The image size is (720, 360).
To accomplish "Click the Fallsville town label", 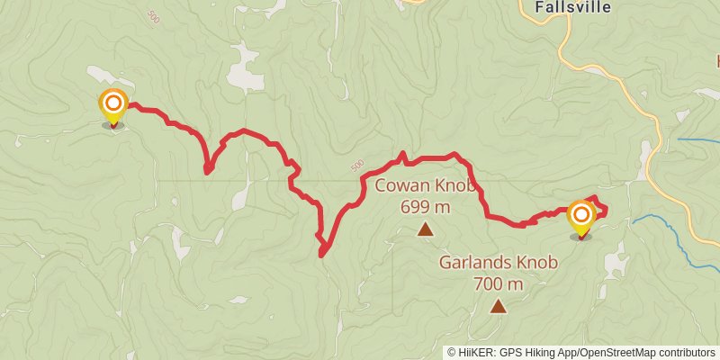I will click(x=573, y=6).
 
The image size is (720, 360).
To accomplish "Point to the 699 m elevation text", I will click(x=425, y=207).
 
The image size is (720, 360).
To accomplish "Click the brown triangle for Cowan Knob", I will click(x=425, y=230).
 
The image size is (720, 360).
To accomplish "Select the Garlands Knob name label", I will click(x=498, y=263).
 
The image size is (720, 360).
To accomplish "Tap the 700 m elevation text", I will click(x=498, y=283).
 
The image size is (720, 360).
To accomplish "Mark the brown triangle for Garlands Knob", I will click(x=498, y=307).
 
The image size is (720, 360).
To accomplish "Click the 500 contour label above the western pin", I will click(x=153, y=18).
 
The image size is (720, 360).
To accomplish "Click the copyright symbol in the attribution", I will click(x=452, y=352).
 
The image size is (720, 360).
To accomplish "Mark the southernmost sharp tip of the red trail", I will click(x=321, y=255).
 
